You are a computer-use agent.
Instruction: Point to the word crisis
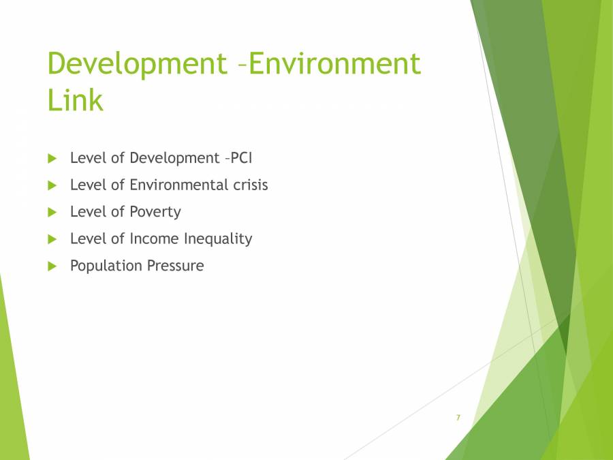tap(248, 185)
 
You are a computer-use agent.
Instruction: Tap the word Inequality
tap(217, 239)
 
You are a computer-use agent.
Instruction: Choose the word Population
tap(101, 266)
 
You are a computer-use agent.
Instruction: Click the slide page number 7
tap(458, 417)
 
